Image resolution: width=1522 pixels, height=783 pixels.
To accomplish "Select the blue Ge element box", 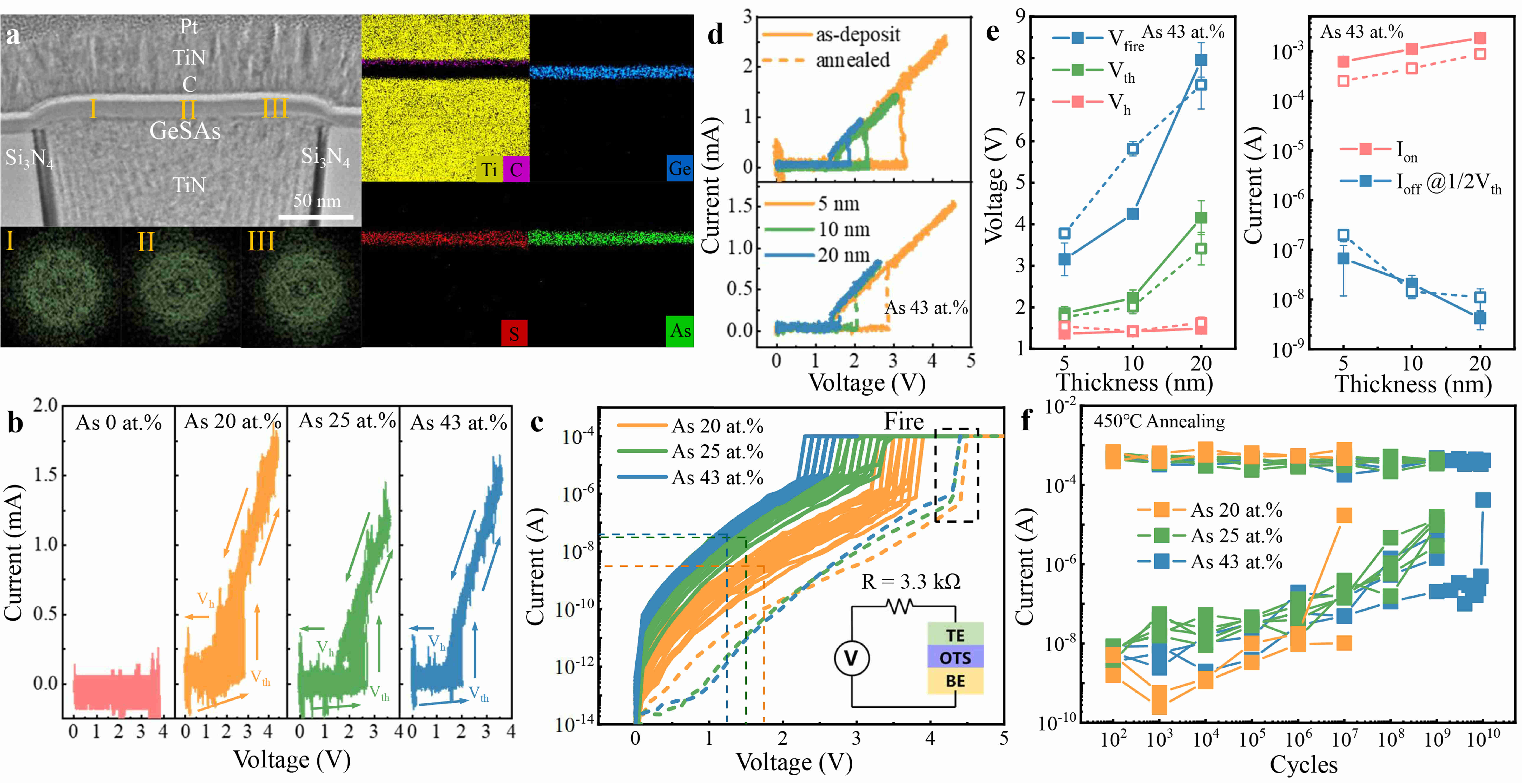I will click(680, 169).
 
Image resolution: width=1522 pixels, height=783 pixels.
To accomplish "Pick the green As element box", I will click(680, 331).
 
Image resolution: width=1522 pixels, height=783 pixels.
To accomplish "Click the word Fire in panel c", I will click(903, 422).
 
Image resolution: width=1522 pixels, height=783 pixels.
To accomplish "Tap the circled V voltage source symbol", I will click(851, 658).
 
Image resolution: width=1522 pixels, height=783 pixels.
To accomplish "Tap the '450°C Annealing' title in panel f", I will click(1159, 422).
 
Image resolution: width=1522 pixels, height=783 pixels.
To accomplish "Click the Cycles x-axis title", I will click(1303, 764).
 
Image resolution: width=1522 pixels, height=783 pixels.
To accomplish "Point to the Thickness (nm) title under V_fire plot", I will click(1134, 383).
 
